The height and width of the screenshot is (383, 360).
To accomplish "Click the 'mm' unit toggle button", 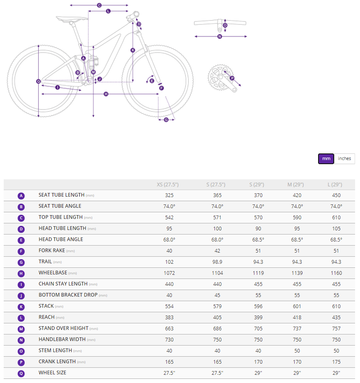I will pyautogui.click(x=326, y=159).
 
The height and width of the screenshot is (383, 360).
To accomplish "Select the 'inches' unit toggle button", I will pyautogui.click(x=344, y=159).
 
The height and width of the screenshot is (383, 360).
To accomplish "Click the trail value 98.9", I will pyautogui.click(x=217, y=262).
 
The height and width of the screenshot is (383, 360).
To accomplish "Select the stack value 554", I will pyautogui.click(x=169, y=306).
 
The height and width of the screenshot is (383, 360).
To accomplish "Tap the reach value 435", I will pyautogui.click(x=336, y=317).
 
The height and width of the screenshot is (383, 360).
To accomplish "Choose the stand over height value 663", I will pyautogui.click(x=169, y=328).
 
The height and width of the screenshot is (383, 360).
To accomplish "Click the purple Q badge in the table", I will pyautogui.click(x=21, y=373).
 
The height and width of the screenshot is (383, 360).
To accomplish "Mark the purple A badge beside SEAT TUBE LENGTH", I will pyautogui.click(x=21, y=196).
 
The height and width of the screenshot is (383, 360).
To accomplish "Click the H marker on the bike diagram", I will pyautogui.click(x=106, y=94).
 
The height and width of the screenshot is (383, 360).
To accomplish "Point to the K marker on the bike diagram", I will pyautogui.click(x=133, y=50).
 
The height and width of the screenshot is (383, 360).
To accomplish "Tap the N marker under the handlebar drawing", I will pyautogui.click(x=219, y=37).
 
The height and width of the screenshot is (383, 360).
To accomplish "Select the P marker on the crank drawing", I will pyautogui.click(x=232, y=78).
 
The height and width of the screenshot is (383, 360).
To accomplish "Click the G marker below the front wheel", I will pyautogui.click(x=166, y=120).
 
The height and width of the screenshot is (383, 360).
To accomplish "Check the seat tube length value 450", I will pyautogui.click(x=336, y=195).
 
